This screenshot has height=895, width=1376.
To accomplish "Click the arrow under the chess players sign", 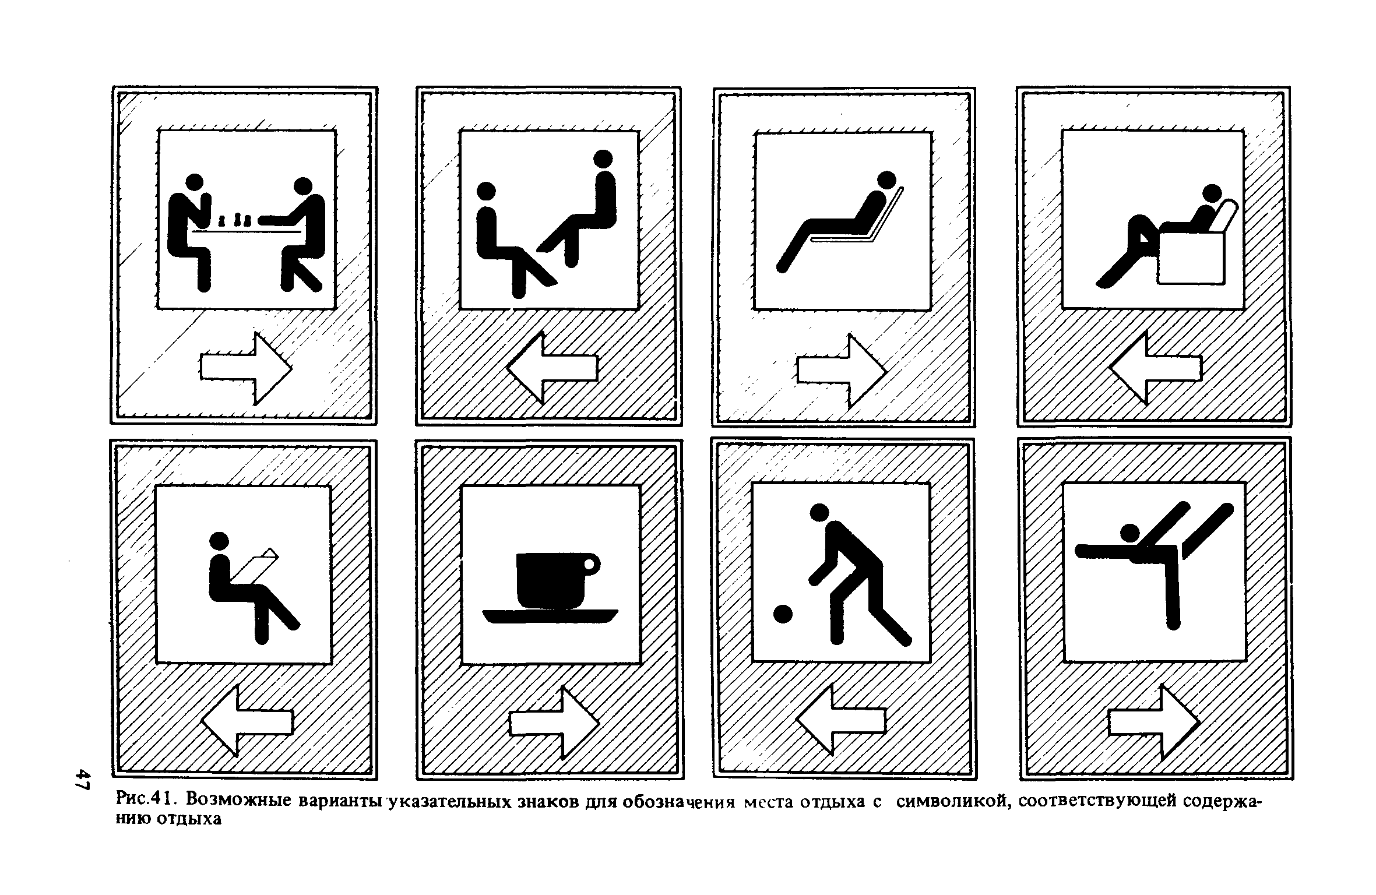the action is click(x=246, y=368).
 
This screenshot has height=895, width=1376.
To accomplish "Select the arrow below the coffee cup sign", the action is click(x=554, y=723).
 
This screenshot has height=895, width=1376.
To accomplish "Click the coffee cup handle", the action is click(x=591, y=564).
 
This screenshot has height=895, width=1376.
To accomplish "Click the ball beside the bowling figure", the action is click(x=782, y=614).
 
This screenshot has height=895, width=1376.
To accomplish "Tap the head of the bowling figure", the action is click(x=819, y=513).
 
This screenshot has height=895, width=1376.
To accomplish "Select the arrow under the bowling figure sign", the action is click(x=841, y=720).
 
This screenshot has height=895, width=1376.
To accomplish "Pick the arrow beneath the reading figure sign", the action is click(x=247, y=721).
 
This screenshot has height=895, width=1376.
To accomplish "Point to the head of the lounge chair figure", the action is click(x=887, y=180).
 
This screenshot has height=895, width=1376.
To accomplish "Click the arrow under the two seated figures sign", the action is click(x=552, y=368).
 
